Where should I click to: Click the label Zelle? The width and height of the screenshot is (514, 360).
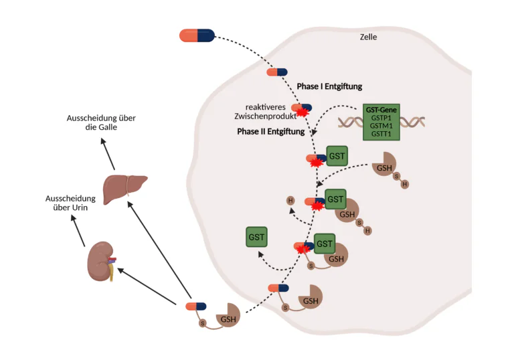tap(368, 37)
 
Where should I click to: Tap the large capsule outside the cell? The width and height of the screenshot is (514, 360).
tap(196, 35)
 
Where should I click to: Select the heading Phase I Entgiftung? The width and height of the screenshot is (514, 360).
tap(329, 86)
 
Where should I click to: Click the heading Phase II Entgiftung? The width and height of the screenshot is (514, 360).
tap(270, 132)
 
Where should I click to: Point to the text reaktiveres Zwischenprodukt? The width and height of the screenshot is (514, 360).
tap(265, 112)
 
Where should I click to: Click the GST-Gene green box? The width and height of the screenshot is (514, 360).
tap(381, 121)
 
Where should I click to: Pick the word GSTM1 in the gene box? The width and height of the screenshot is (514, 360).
tap(381, 125)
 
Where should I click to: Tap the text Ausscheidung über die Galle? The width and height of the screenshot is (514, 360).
tap(101, 122)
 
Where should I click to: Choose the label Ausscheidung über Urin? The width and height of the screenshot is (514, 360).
tap(66, 203)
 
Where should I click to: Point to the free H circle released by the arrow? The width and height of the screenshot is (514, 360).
tap(290, 200)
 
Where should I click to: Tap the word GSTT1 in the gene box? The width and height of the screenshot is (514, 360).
tap(381, 134)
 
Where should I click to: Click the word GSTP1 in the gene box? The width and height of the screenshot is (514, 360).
tap(381, 116)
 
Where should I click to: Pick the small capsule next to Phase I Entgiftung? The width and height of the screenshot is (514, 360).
tap(276, 72)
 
